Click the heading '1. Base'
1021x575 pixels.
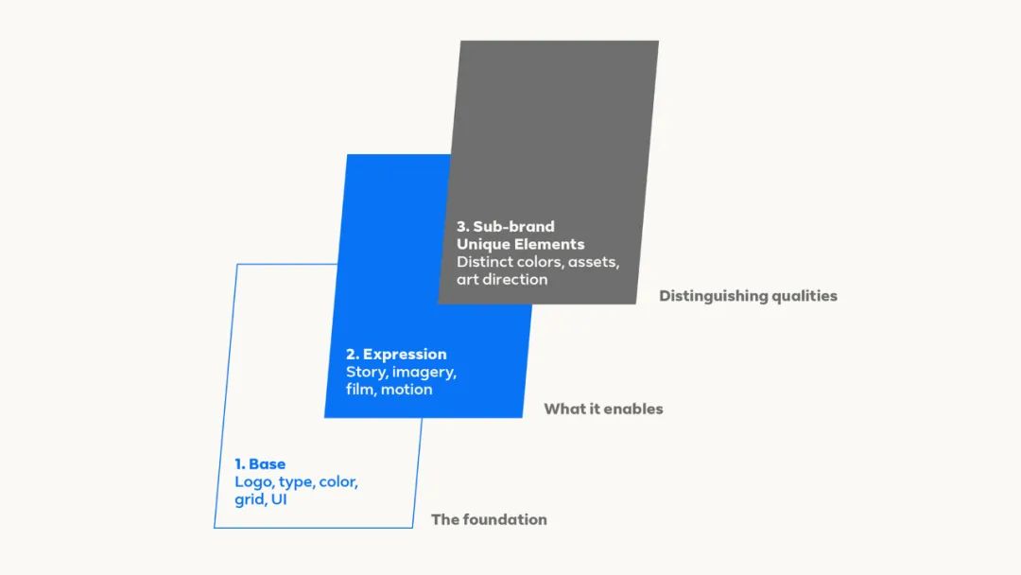pos(260,464)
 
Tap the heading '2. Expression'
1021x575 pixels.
pos(396,355)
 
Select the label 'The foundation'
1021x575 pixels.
pos(489,519)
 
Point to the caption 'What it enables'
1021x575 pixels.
pos(603,409)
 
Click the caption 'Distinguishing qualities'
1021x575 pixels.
pos(748,296)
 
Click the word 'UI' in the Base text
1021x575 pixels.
pos(279,499)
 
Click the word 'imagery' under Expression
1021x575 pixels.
pos(424,373)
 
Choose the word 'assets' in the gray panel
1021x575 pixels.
pos(593,262)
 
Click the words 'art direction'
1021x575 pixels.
pos(502,279)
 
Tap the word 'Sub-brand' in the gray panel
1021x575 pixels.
pos(513,227)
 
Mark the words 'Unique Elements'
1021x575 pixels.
pos(520,244)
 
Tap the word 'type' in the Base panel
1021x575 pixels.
pos(297,483)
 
